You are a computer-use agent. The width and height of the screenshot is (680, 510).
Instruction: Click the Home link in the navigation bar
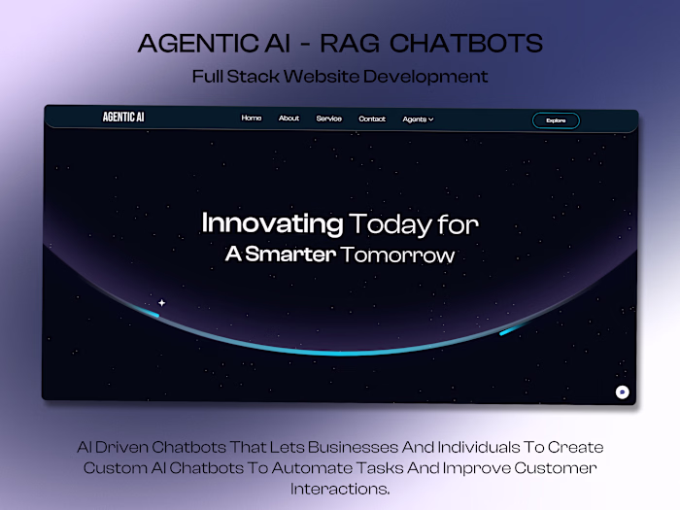coord(251,119)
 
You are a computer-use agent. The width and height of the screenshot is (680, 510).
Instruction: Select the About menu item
coord(289,119)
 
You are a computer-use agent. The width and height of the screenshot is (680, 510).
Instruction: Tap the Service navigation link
coord(328,119)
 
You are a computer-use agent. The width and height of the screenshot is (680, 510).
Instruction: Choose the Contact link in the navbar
coord(372,119)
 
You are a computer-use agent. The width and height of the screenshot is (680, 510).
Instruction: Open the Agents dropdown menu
coord(418,119)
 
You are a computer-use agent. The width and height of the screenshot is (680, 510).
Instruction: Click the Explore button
coord(556,120)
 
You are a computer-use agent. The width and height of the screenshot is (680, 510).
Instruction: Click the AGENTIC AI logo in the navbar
coord(124,118)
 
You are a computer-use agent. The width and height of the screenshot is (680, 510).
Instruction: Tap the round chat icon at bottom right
coord(623,391)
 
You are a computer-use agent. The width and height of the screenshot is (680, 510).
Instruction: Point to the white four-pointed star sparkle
coord(161,303)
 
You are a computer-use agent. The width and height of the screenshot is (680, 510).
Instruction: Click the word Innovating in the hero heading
coord(272,224)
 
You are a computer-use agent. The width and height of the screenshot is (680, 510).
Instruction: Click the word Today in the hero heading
coord(390,224)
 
